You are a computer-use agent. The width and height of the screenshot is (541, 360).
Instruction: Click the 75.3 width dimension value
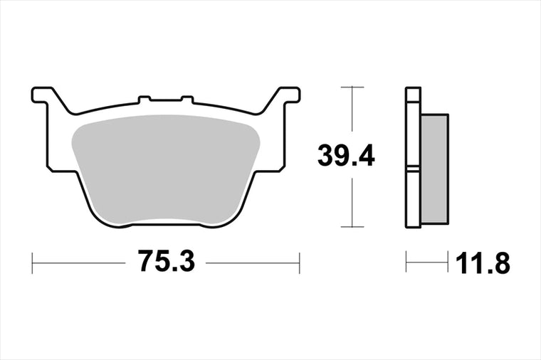[x=167, y=261]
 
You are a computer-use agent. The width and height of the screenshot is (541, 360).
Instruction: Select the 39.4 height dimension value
[x=346, y=156]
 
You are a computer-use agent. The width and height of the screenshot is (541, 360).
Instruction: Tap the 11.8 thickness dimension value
[x=483, y=263]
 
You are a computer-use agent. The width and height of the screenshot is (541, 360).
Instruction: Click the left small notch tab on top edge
[x=145, y=100]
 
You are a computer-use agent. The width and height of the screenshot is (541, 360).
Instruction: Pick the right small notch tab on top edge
[x=187, y=100]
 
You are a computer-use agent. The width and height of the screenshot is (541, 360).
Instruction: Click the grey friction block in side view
[x=435, y=169]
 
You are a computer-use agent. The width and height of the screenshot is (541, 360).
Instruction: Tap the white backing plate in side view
[x=414, y=157]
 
